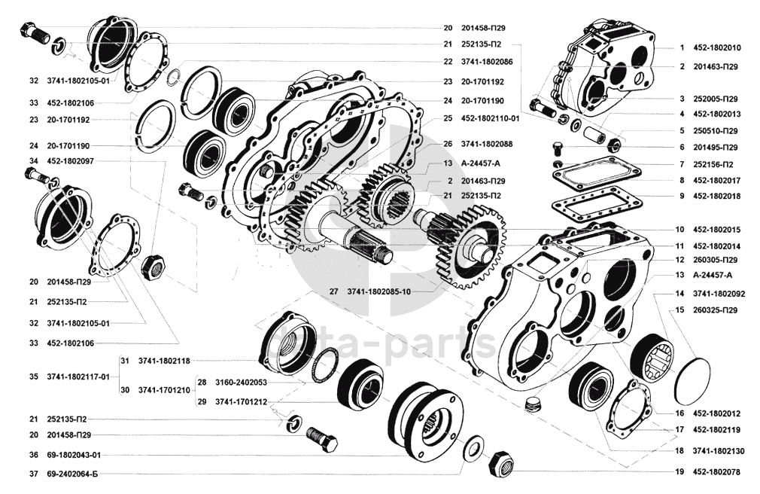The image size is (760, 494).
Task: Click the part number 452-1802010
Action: pyautogui.click(x=716, y=48)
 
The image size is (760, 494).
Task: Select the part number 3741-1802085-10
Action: pyautogui.click(x=379, y=291)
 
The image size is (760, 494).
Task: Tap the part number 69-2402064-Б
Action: pyautogui.click(x=72, y=474)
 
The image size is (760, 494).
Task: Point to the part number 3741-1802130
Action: pyautogui.click(x=719, y=451)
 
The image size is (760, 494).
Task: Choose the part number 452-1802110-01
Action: pyautogui.click(x=490, y=118)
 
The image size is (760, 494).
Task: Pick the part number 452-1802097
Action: pyautogui.click(x=70, y=160)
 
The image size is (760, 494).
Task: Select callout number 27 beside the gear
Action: pyautogui.click(x=333, y=291)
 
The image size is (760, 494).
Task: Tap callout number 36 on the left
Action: pyautogui.click(x=33, y=455)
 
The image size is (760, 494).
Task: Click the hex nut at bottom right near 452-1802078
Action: pyautogui.click(x=500, y=465)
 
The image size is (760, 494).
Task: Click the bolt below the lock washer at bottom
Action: pyautogui.click(x=322, y=438)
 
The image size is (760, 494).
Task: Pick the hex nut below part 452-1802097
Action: pyautogui.click(x=154, y=265)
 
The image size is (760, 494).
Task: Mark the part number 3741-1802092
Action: pyautogui.click(x=719, y=294)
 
